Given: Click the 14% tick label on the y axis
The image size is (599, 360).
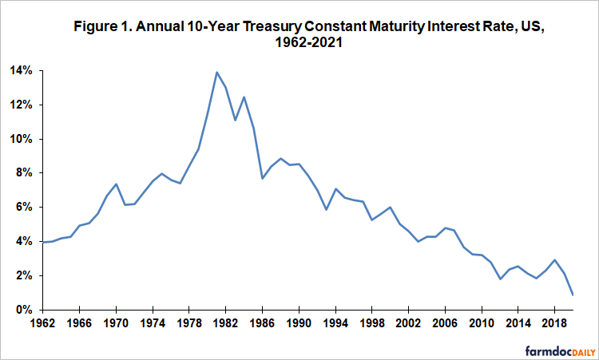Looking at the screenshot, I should (x=19, y=71).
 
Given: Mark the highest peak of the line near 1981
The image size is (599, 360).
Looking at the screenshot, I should (x=216, y=72).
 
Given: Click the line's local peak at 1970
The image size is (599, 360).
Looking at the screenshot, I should (x=116, y=184).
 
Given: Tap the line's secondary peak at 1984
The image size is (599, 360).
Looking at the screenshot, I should (x=244, y=97).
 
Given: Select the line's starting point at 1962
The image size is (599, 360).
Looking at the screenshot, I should (x=42, y=242).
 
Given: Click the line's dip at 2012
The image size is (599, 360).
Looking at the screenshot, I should (x=500, y=279).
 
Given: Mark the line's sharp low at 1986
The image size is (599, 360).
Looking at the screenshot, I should (x=262, y=178).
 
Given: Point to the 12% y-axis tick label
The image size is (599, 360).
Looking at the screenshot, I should (x=19, y=105).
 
